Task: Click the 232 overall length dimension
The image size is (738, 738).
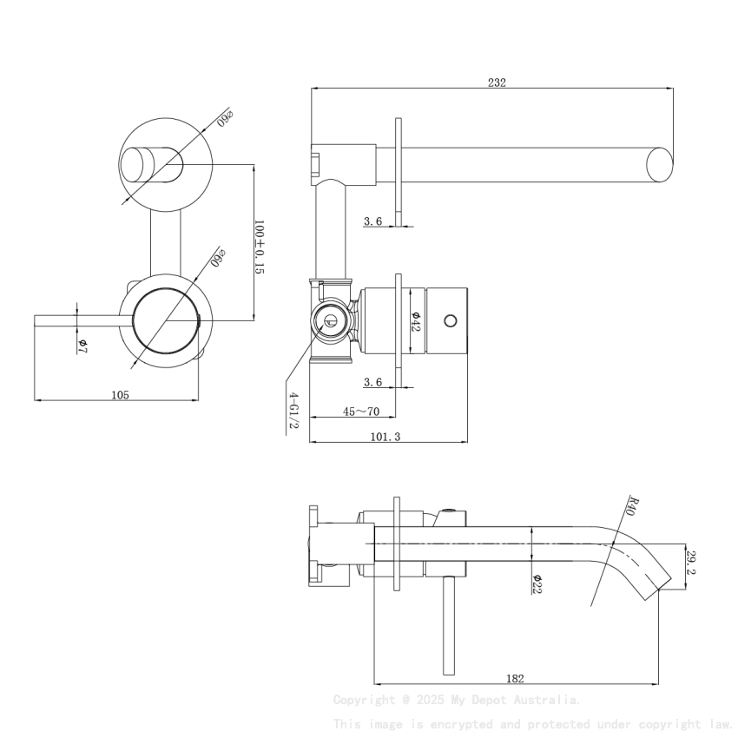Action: point(497,82)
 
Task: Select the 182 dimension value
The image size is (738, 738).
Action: point(514,678)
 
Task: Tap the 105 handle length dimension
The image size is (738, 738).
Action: point(120,395)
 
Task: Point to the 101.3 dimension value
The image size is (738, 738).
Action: point(385,437)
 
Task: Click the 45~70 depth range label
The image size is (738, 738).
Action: point(360,412)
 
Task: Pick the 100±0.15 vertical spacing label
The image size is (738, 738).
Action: point(259,247)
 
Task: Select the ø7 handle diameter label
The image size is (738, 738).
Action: point(82,346)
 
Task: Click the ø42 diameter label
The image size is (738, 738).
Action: point(416,321)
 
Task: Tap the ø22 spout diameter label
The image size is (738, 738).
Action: point(537,583)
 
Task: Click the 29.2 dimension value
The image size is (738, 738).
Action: point(691,562)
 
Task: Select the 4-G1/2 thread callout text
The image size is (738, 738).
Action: point(293,409)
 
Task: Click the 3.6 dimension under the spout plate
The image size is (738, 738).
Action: point(372,221)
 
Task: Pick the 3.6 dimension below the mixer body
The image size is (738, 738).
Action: point(372,382)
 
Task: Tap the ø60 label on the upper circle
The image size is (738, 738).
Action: point(226,117)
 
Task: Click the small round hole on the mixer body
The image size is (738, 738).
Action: point(450,321)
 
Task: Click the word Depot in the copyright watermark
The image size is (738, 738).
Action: point(491,699)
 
